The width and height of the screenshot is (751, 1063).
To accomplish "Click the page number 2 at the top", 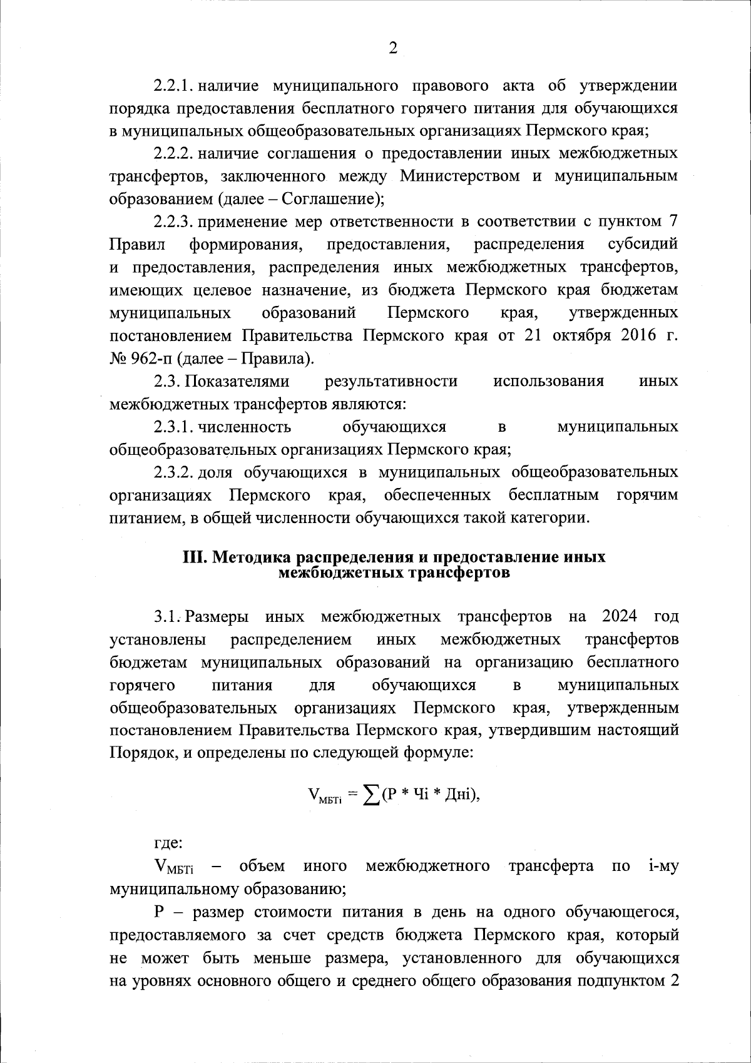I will click(392, 49).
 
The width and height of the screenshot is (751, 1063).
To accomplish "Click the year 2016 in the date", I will click(638, 335).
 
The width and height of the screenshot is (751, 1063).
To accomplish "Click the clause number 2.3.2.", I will click(176, 472).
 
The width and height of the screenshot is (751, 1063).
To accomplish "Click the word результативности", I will click(391, 381).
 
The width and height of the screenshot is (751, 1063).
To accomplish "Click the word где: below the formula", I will click(168, 843).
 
